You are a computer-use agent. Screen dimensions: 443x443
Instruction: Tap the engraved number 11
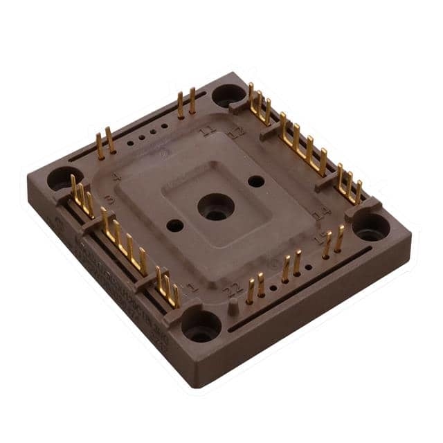pyautogui.click(x=206, y=130)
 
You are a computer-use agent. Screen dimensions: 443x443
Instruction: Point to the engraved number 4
pyautogui.click(x=116, y=177)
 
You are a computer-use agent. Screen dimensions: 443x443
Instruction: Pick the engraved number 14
pyautogui.click(x=320, y=215)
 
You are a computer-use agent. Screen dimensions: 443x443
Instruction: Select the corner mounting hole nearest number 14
pyautogui.click(x=371, y=226)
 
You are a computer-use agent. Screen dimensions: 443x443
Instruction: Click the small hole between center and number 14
pyautogui.click(x=256, y=181)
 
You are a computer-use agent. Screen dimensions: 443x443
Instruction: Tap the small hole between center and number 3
pyautogui.click(x=175, y=226)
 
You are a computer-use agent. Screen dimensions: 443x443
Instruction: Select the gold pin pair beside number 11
pyautogui.click(x=186, y=104)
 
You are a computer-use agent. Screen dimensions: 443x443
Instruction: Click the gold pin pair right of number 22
pyautogui.click(x=255, y=287)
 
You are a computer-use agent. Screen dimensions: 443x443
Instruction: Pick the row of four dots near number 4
pyautogui.click(x=146, y=135)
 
